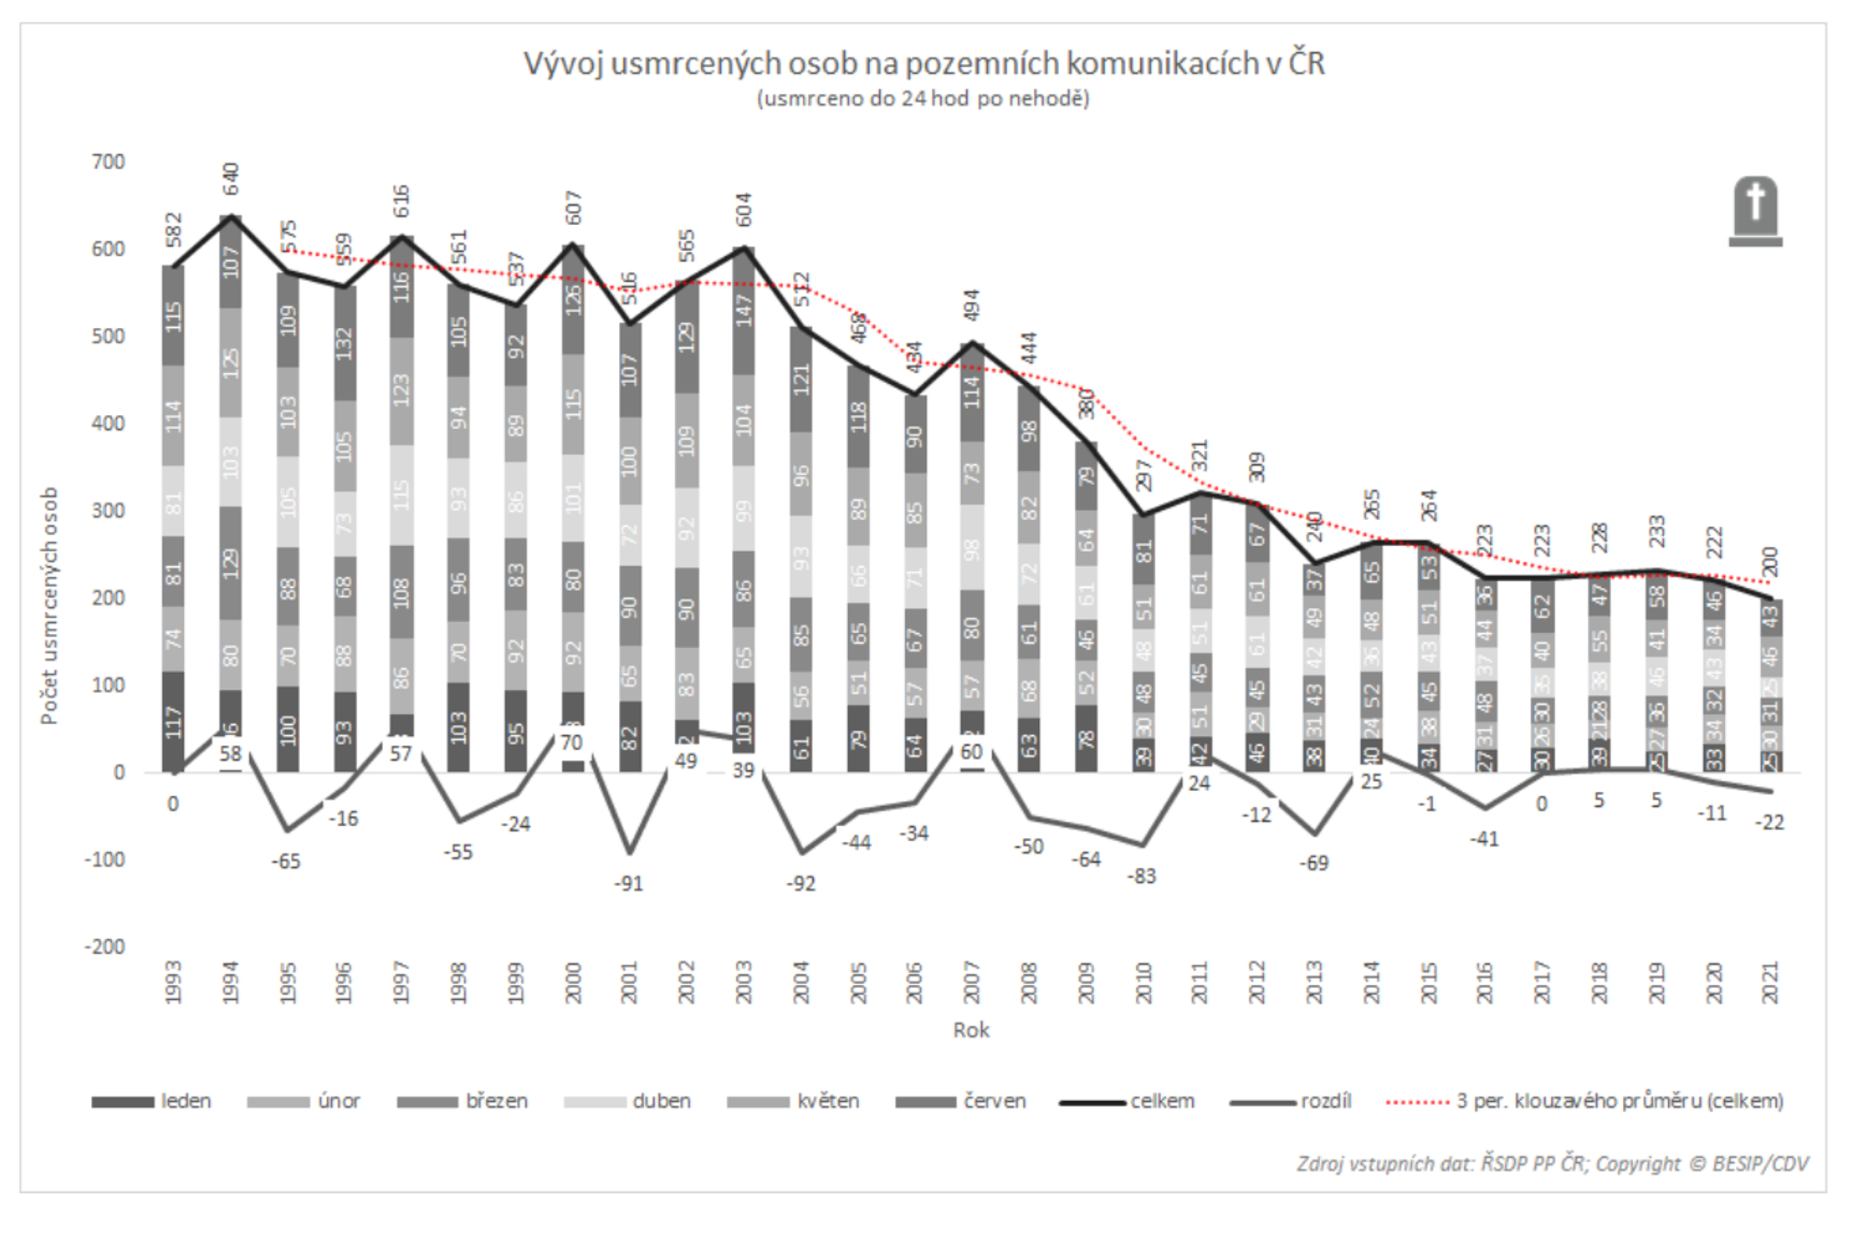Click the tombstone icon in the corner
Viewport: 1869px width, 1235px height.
[1755, 211]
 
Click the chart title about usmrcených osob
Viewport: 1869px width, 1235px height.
[924, 64]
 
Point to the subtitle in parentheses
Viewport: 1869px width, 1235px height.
[923, 98]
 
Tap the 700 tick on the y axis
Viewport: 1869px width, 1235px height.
[109, 162]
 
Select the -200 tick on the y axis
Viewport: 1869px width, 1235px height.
[105, 947]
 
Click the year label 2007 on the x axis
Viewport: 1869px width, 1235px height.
[971, 982]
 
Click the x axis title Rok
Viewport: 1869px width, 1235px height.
[970, 1030]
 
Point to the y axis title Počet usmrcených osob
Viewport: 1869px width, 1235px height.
[49, 606]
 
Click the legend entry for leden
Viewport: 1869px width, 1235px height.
[151, 1101]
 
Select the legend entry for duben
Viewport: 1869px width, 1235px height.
[627, 1101]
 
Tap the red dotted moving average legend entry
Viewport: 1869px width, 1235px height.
[1583, 1101]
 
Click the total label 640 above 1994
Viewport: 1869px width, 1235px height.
[231, 180]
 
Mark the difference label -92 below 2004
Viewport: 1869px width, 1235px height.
[801, 884]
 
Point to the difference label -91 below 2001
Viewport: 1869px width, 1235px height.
[628, 884]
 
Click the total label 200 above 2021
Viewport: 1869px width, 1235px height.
[1770, 561]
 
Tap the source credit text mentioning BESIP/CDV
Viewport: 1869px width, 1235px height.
[1552, 1164]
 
